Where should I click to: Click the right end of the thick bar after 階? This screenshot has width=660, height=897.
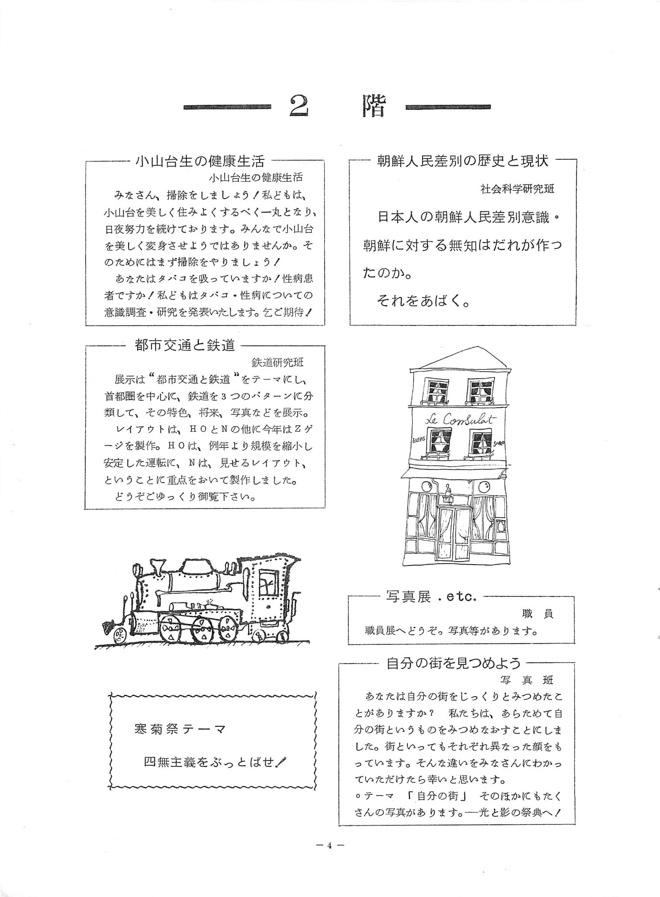click(x=491, y=107)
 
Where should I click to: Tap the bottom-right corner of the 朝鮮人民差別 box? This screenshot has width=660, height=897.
click(x=576, y=325)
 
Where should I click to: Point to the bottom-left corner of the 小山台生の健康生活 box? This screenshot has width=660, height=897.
click(x=86, y=325)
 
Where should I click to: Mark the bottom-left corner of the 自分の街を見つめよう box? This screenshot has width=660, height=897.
click(x=339, y=825)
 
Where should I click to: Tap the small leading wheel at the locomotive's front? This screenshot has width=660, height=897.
click(x=119, y=636)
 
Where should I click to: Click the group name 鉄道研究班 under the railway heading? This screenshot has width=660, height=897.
click(x=278, y=362)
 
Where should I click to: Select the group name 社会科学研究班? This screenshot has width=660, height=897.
click(x=518, y=189)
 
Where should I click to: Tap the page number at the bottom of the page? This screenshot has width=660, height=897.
click(x=330, y=846)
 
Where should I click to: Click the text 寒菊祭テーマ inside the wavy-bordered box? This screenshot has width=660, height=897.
click(x=180, y=729)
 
